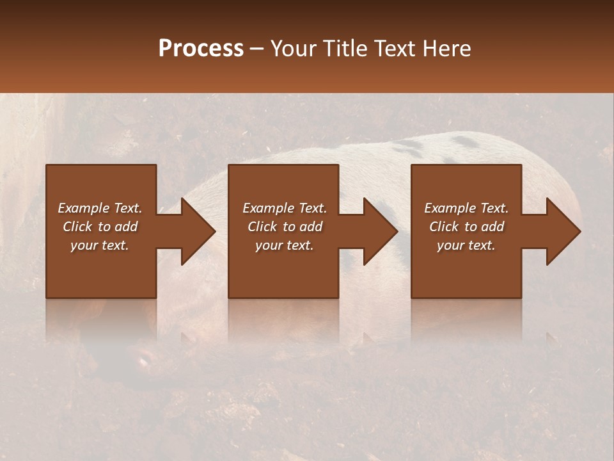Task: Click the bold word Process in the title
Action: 201,49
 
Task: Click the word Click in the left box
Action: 77,227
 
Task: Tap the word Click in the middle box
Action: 262,227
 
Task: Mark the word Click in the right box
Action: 444,227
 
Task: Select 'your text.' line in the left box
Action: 100,245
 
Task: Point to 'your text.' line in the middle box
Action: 284,245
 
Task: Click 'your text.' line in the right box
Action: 466,245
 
